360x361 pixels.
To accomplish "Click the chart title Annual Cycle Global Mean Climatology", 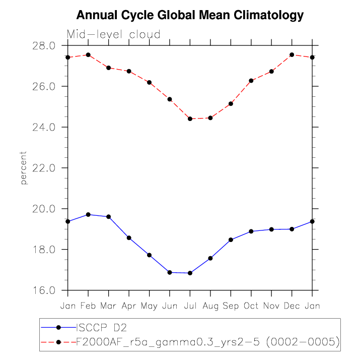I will [x=190, y=15].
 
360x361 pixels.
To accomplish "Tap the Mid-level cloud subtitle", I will [x=113, y=35].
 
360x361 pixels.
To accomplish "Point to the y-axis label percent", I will [x=23, y=167].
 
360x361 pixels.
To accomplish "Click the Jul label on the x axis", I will [x=190, y=306].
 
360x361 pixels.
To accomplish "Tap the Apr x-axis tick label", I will [x=129, y=306].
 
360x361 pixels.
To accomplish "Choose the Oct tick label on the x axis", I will [x=251, y=306].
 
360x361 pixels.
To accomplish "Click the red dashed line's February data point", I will [x=88, y=54].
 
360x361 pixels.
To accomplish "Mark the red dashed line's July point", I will [x=190, y=119].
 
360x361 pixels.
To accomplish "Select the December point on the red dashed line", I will [x=292, y=54].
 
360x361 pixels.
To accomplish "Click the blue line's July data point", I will [x=190, y=273].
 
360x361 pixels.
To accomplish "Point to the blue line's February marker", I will [x=88, y=214].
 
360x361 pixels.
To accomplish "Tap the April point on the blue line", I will [x=129, y=238].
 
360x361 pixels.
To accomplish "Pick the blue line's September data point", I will [x=231, y=240].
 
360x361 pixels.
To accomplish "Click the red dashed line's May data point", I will [x=149, y=82].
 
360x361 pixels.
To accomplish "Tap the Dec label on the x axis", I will [x=292, y=306].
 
